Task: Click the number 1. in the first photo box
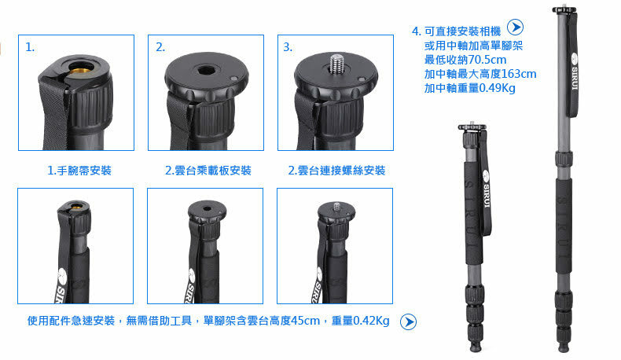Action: click(x=30, y=47)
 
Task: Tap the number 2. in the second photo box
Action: click(x=160, y=47)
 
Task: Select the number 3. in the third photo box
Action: click(x=288, y=47)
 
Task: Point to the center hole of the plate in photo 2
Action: click(x=206, y=71)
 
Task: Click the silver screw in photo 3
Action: click(x=336, y=64)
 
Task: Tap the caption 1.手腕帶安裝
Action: click(x=79, y=171)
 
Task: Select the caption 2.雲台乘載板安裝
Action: click(x=208, y=171)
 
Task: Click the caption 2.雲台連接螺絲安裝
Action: click(x=336, y=171)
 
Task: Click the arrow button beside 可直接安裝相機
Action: click(x=515, y=27)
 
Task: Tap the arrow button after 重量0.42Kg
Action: click(x=408, y=321)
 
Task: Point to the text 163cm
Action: click(x=519, y=74)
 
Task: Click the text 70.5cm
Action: click(x=487, y=60)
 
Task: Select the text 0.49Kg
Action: click(x=497, y=88)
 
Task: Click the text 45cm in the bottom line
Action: click(x=305, y=321)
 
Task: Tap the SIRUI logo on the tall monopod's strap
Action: click(x=575, y=72)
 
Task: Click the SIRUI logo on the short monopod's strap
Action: click(x=486, y=189)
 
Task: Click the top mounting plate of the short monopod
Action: click(x=472, y=127)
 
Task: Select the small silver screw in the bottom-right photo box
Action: click(x=337, y=207)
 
